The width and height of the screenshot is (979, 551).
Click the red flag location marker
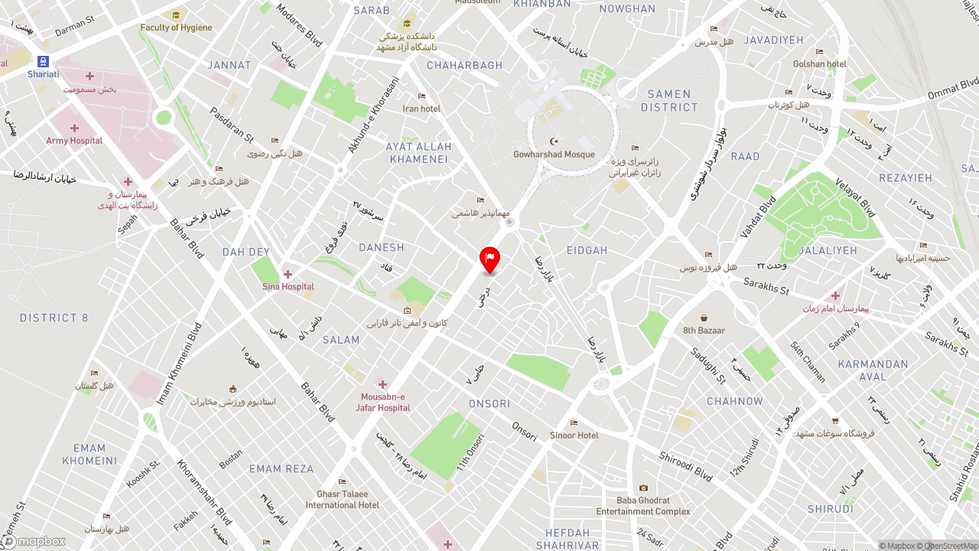[x=489, y=259]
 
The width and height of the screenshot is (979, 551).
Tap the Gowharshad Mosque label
[x=554, y=155]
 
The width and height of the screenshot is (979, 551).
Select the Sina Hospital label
[x=288, y=287]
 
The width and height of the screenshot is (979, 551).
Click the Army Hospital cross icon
[x=74, y=128]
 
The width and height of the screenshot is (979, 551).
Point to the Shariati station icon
[x=43, y=62]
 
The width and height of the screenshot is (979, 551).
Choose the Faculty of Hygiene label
[x=176, y=28]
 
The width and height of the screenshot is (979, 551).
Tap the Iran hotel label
[x=421, y=109]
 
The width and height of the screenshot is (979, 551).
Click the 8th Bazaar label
[x=704, y=331]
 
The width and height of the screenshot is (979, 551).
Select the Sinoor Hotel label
[x=574, y=435]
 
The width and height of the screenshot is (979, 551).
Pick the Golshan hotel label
[x=819, y=64]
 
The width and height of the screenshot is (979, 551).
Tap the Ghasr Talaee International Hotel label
[x=342, y=500]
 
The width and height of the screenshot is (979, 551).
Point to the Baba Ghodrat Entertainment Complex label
[x=643, y=506]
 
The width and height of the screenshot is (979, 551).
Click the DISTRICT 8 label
[x=54, y=318]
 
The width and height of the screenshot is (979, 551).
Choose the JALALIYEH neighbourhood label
[x=828, y=250]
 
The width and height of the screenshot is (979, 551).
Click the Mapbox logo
[x=34, y=542]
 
